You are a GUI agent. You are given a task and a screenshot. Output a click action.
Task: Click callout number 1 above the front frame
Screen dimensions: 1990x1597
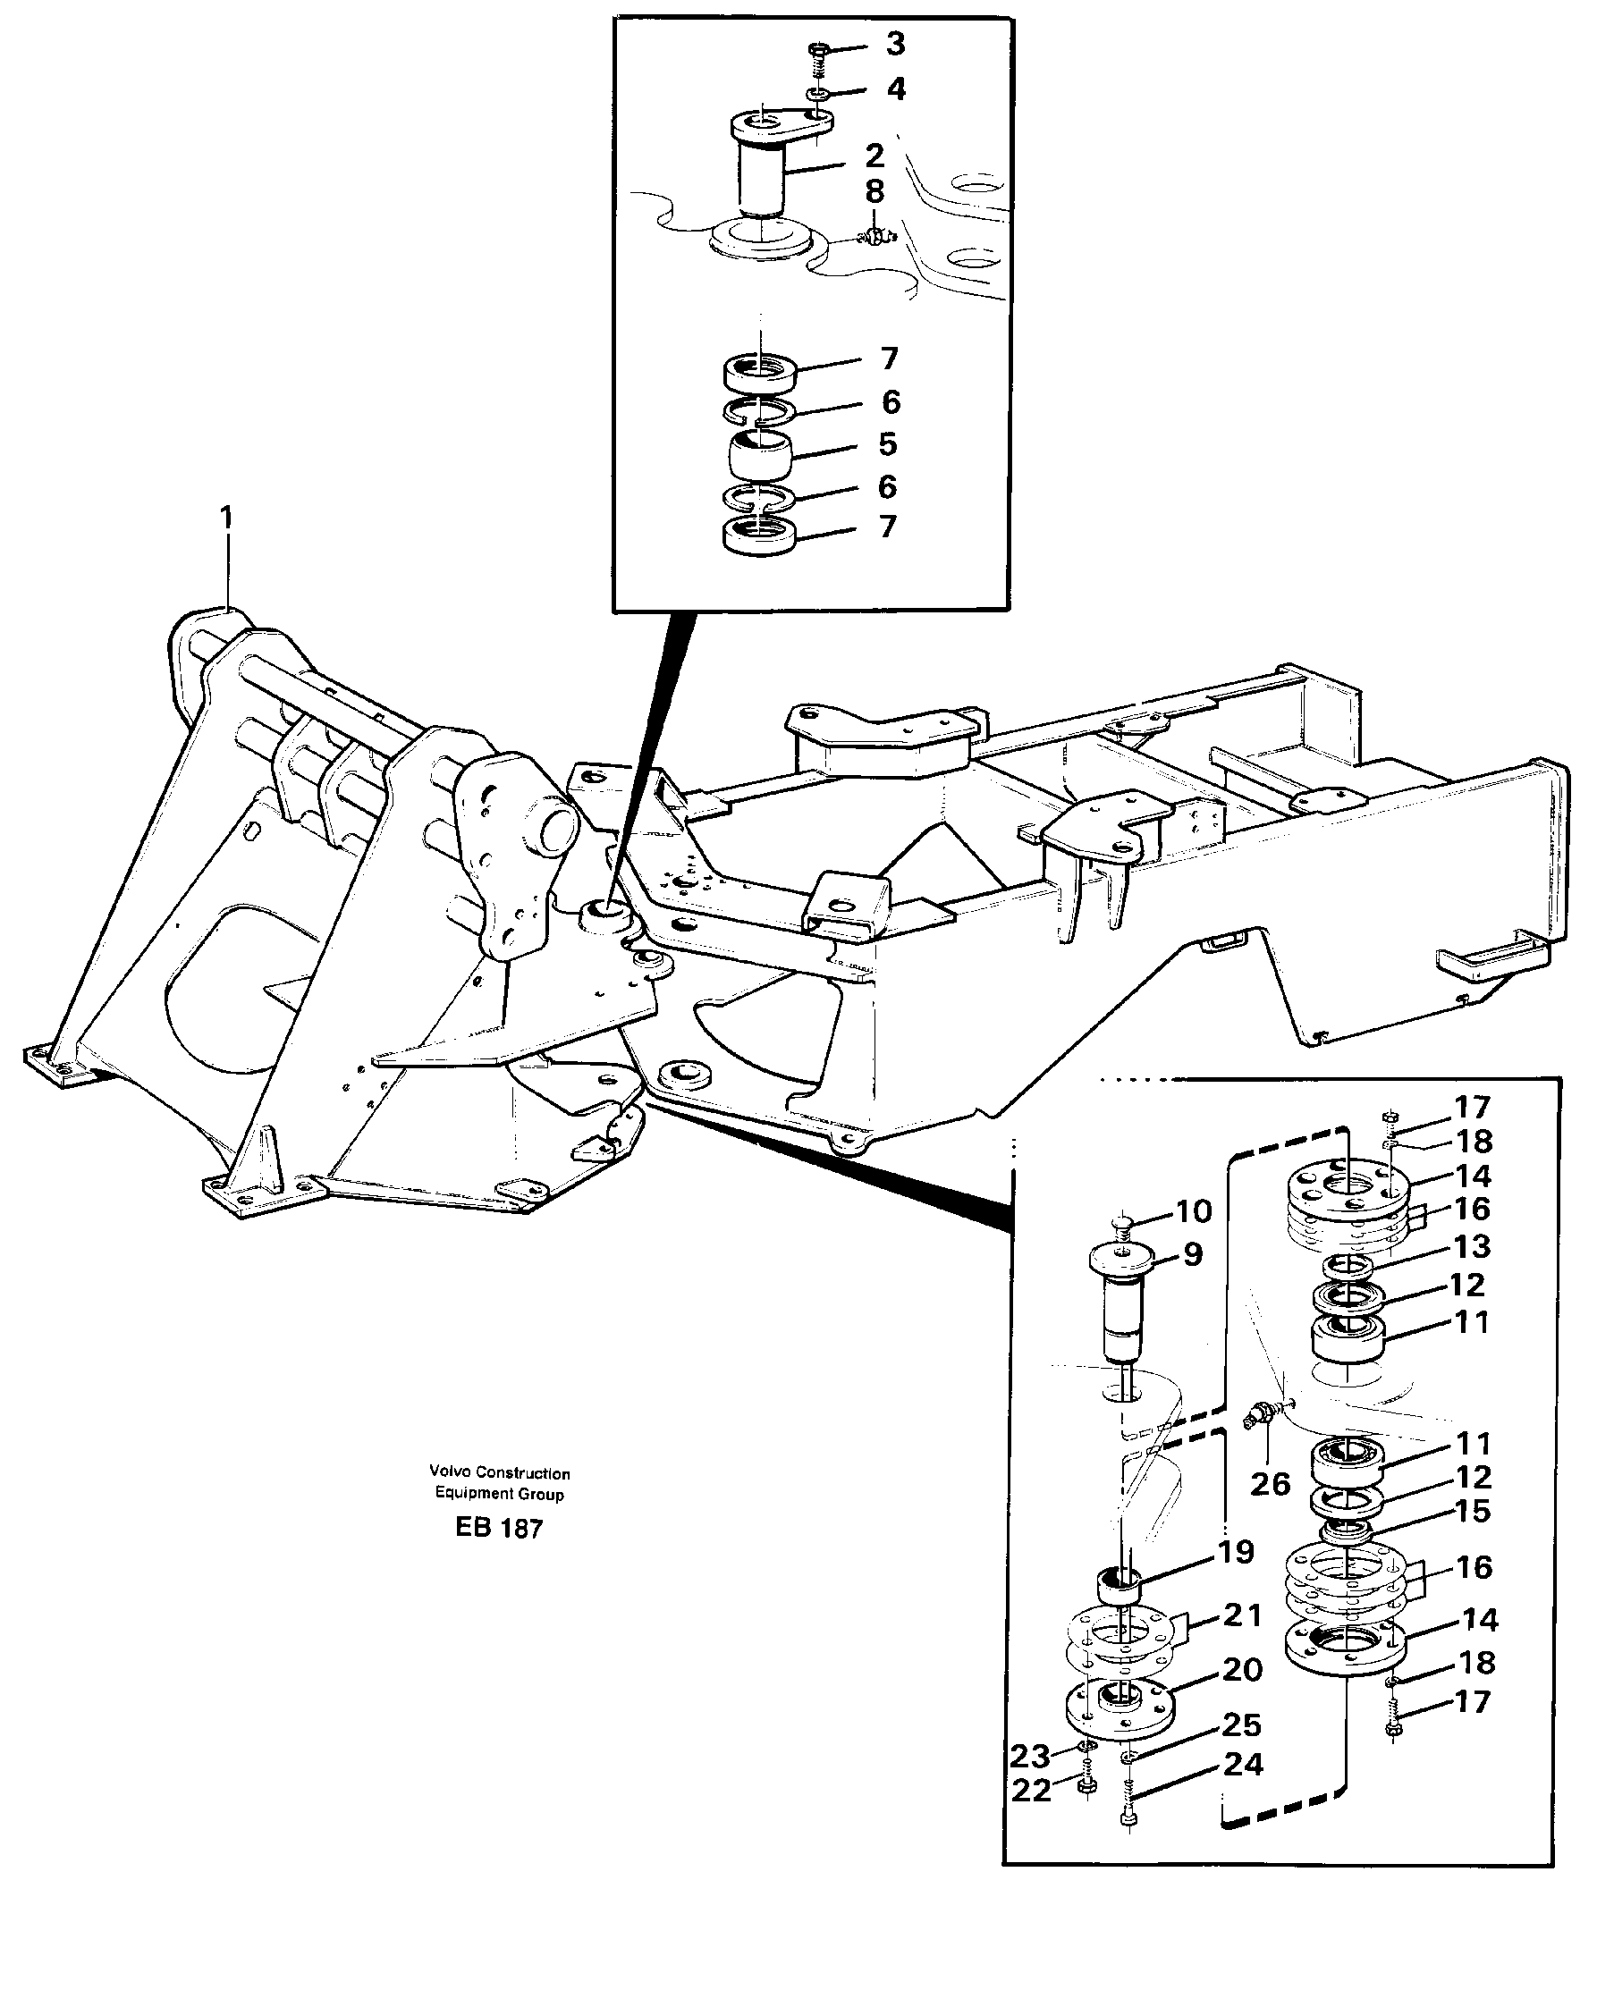[226, 518]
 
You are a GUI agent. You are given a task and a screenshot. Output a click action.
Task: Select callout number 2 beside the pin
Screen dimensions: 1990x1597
[875, 155]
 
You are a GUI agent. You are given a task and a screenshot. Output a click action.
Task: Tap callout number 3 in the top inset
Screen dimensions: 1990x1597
[894, 44]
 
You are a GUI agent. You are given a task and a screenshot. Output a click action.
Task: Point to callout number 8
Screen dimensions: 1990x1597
[875, 192]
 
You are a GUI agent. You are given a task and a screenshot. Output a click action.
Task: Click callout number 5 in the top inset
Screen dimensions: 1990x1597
[887, 444]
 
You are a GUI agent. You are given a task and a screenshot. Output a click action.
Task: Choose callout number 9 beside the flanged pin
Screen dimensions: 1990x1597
[1192, 1254]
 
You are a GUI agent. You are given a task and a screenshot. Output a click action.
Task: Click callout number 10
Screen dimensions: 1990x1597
[1193, 1211]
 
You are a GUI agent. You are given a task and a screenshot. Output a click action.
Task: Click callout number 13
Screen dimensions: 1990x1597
[1472, 1247]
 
